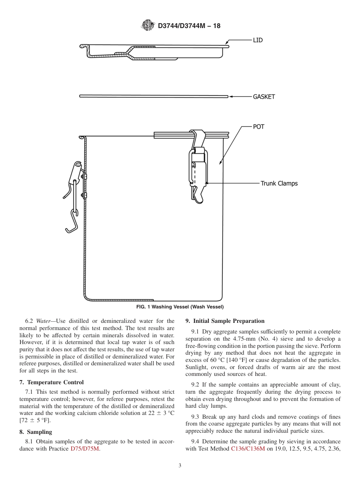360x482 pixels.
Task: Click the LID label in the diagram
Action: (x=258, y=40)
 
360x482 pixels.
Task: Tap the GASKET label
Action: (x=264, y=97)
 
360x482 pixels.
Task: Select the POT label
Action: (x=258, y=127)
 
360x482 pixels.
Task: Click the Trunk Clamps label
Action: (x=279, y=183)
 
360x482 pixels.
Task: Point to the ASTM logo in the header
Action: (x=148, y=25)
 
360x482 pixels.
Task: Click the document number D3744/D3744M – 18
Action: (x=189, y=26)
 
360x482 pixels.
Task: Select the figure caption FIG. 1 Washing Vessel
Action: (x=180, y=307)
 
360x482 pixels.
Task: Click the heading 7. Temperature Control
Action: (x=52, y=382)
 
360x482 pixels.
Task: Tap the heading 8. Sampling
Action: (x=36, y=432)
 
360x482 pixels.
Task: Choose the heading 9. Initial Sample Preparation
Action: (x=225, y=321)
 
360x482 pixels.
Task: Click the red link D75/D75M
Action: (x=85, y=449)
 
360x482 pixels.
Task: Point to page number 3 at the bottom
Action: (x=180, y=466)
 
